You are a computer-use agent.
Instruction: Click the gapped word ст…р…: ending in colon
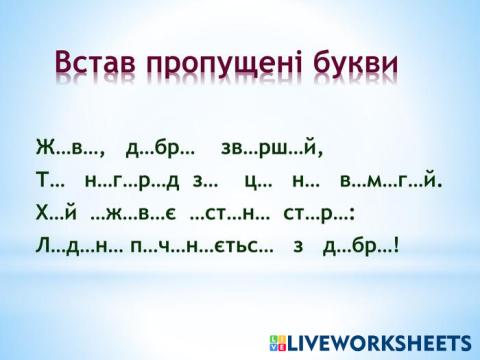[320, 212]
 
